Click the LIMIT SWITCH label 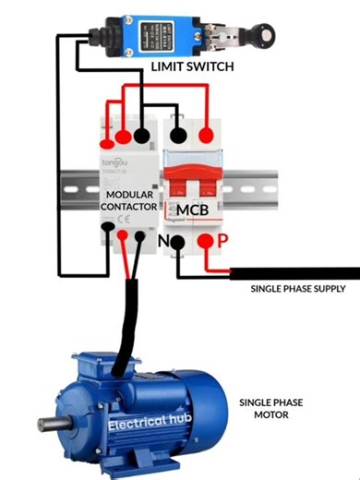point(192,68)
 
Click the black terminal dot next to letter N point(182,245)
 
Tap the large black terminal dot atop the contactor point(143,137)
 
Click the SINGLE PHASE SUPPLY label point(297,289)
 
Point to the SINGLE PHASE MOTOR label point(270,409)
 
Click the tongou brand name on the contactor point(114,162)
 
